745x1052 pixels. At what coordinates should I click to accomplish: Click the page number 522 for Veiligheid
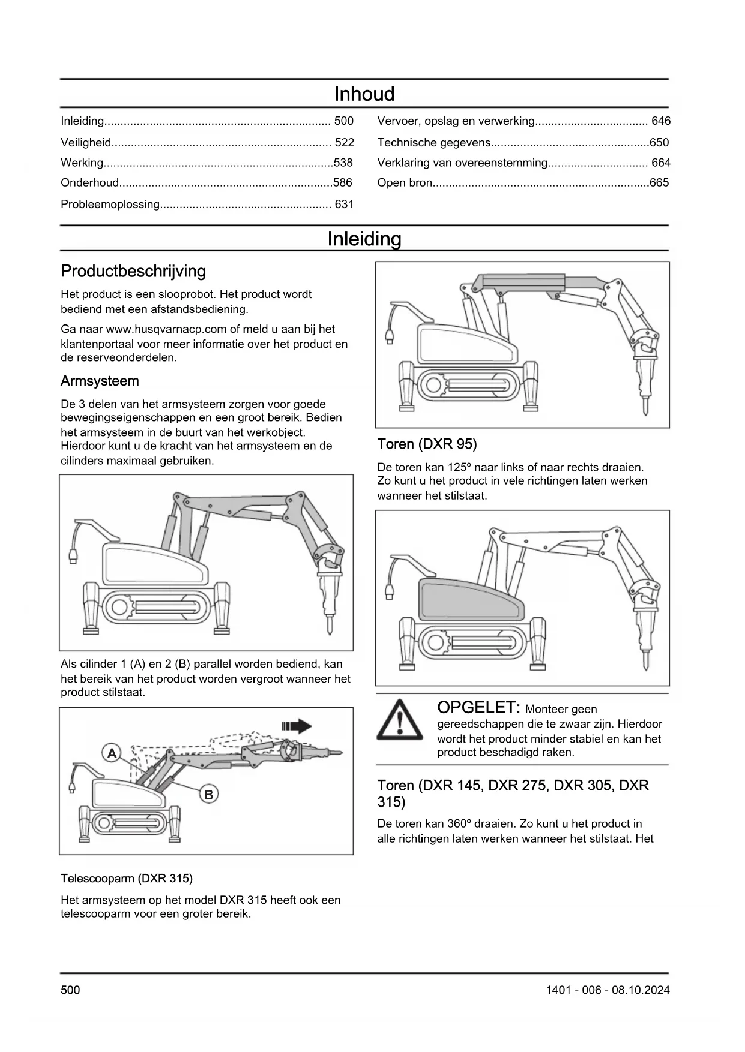click(x=344, y=142)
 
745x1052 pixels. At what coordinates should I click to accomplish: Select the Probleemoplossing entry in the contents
click(x=110, y=205)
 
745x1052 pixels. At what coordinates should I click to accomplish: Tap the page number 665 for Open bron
click(x=659, y=183)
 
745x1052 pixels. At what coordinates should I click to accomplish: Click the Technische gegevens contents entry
click(x=433, y=143)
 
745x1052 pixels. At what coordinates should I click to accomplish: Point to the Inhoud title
click(x=364, y=94)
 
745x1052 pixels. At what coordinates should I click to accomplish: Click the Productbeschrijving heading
click(x=133, y=272)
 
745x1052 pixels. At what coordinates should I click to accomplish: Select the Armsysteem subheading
click(x=100, y=381)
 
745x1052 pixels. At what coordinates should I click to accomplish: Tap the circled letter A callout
click(x=112, y=753)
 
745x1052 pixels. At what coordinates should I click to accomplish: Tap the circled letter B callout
click(x=208, y=795)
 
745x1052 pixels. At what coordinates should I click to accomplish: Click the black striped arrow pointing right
click(x=297, y=727)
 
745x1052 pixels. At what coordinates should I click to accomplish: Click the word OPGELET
click(x=477, y=708)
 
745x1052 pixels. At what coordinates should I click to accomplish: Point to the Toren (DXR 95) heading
click(x=427, y=444)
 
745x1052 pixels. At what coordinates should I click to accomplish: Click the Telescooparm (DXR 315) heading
click(x=127, y=879)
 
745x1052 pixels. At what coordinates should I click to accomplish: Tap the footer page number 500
click(x=70, y=990)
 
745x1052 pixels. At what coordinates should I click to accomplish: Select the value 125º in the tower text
click(x=458, y=467)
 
